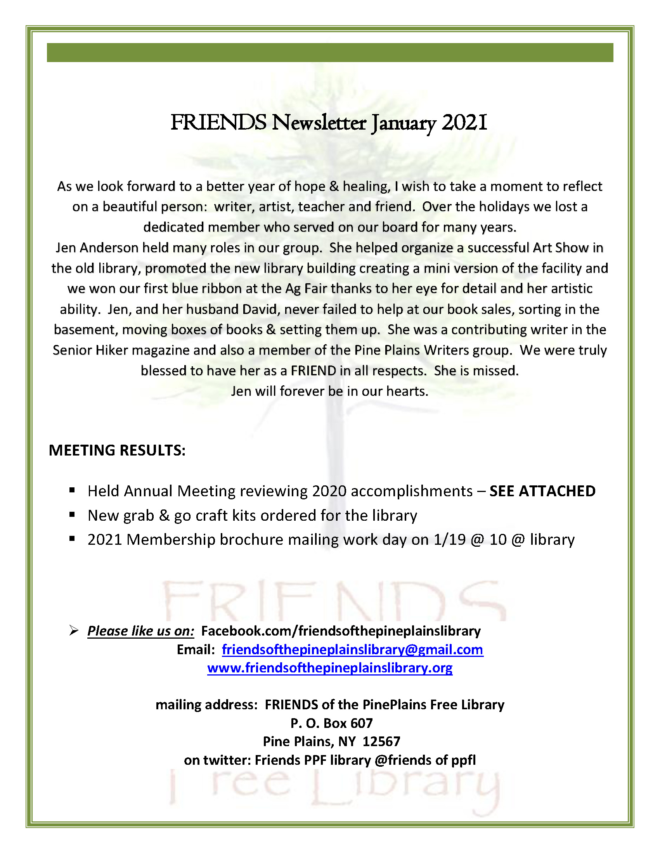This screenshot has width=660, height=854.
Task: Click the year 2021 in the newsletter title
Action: click(464, 123)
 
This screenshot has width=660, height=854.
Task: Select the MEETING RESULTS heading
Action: click(117, 450)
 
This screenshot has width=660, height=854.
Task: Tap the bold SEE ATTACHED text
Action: click(542, 491)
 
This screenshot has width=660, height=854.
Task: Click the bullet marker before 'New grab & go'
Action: click(72, 514)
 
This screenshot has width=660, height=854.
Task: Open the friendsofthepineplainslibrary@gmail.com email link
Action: click(352, 650)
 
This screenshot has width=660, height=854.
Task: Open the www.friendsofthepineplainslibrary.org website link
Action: click(329, 668)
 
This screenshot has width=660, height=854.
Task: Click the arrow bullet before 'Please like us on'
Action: click(73, 631)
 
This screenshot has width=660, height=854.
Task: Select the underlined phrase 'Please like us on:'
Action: click(141, 631)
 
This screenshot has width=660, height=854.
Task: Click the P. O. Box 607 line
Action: click(332, 723)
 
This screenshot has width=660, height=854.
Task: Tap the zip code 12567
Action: click(381, 741)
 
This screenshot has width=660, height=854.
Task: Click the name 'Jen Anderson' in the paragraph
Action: click(97, 248)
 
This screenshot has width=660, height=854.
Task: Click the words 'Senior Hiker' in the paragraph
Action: click(90, 350)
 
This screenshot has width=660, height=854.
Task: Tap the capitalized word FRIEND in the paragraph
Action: click(313, 371)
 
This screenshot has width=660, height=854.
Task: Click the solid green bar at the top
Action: click(329, 52)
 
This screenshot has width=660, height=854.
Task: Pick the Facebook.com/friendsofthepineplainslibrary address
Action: click(341, 631)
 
